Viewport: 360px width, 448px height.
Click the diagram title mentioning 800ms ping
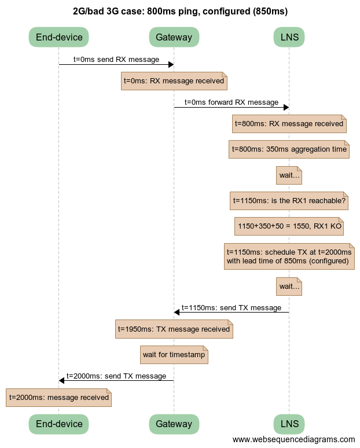click(x=180, y=11)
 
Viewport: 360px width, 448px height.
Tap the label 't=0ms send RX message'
click(x=116, y=59)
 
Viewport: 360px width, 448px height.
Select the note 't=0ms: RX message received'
click(x=174, y=81)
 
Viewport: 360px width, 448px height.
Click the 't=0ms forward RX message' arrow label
click(x=232, y=102)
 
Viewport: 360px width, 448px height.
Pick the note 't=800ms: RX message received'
click(x=289, y=123)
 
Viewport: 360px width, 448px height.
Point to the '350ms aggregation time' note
click(x=289, y=149)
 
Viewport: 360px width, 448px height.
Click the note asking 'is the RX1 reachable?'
click(x=289, y=201)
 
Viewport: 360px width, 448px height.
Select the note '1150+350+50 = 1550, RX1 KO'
click(x=289, y=226)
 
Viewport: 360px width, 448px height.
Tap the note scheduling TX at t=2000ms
click(x=289, y=256)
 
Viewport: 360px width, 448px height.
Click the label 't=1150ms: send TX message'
click(x=232, y=307)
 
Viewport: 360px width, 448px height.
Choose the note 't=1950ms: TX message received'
click(x=174, y=329)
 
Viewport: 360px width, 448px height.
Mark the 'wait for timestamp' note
click(x=174, y=354)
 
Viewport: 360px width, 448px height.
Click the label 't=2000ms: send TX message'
click(x=116, y=376)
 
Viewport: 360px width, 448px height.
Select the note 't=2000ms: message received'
click(x=58, y=398)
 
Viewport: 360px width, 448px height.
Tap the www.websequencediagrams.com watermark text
click(x=293, y=440)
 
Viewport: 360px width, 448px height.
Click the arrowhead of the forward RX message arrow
click(x=285, y=107)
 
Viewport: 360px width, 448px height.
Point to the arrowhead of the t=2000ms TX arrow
click(x=62, y=380)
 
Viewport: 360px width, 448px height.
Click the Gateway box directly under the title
click(x=174, y=38)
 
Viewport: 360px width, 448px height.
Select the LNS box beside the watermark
click(x=289, y=424)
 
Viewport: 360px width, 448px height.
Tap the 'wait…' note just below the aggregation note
click(x=289, y=175)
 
